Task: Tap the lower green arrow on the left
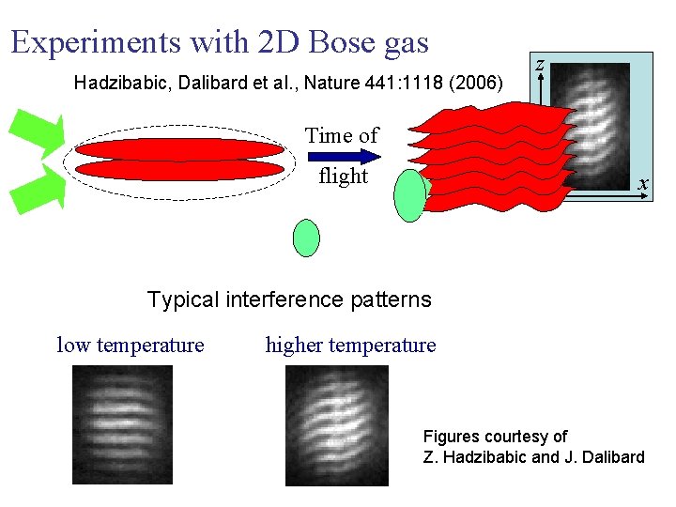coord(36,188)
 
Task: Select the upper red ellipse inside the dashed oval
coord(178,150)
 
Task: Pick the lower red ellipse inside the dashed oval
coord(178,170)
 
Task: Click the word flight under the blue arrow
coord(343,177)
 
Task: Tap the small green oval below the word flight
coord(306,238)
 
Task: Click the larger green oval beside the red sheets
coord(410,195)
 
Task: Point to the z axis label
coord(540,64)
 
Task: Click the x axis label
coord(641,184)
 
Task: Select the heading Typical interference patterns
coord(289,300)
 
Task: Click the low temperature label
coord(131,346)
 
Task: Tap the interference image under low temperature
coord(122,424)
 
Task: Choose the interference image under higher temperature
coord(336,424)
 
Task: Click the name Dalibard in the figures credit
coord(606,457)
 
